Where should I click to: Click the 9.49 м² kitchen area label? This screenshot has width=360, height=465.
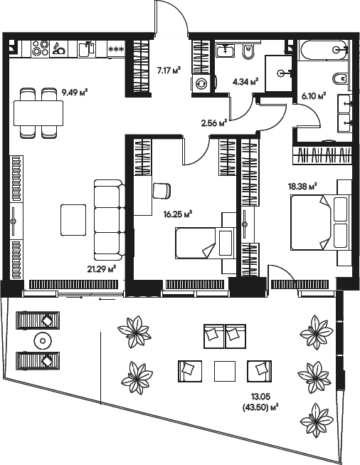(74, 91)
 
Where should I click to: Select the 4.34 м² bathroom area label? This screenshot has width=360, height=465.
(245, 81)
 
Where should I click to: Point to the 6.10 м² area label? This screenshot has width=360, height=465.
(313, 95)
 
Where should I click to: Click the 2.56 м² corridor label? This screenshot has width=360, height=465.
(213, 122)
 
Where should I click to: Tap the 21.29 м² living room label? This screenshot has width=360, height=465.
(100, 268)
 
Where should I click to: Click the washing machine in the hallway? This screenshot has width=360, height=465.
(201, 83)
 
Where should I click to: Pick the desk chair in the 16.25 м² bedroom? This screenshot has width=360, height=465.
(162, 190)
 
